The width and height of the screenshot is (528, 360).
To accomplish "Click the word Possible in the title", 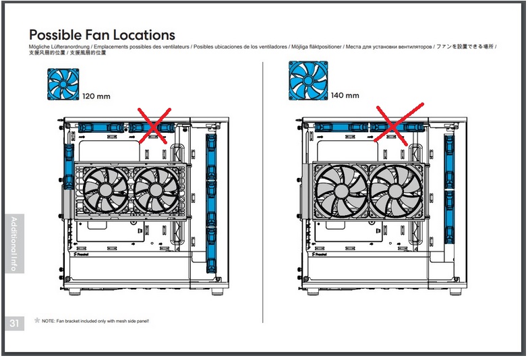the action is tap(55, 35).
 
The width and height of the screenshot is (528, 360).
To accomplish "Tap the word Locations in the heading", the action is tap(144, 35).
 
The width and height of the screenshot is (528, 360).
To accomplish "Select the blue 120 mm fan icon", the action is tap(63, 84).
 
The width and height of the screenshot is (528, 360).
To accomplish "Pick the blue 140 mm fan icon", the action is tap(308, 80).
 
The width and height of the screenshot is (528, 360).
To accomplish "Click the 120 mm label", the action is tap(96, 96).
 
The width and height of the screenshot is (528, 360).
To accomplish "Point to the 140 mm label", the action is tap(345, 96).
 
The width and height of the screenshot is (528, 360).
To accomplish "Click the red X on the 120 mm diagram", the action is tap(154, 126).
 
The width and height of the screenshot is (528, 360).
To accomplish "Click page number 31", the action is tap(14, 324).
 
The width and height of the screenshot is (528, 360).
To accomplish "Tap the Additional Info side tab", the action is tap(14, 243).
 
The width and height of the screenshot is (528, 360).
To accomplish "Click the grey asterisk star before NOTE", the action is tap(37, 320).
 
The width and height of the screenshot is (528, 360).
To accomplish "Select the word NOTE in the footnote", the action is tap(48, 321).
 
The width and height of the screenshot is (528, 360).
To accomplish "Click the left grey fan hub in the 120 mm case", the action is tap(105, 190).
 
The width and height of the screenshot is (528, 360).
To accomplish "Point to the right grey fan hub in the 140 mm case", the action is tap(396, 191).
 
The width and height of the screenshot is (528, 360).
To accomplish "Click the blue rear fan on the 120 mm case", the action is tap(69, 167).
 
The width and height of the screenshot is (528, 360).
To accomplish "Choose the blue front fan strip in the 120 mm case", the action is tap(211, 204).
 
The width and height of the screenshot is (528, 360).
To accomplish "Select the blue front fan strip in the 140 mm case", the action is tap(449, 189).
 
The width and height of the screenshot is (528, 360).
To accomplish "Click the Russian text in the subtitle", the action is tap(388, 47).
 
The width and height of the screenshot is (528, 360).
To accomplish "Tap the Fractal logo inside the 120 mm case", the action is tap(81, 254).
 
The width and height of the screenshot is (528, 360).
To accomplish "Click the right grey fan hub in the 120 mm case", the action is tap(156, 190).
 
